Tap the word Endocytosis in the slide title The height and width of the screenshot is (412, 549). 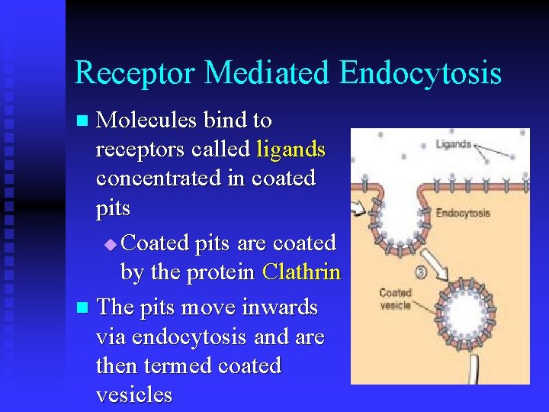click(x=420, y=73)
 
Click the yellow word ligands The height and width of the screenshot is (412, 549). click(x=291, y=149)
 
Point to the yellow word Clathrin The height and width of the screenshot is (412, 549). click(x=301, y=272)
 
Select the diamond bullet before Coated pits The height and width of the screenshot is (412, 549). click(x=111, y=245)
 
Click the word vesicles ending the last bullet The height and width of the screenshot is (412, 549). click(x=134, y=394)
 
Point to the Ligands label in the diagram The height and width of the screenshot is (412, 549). click(x=454, y=144)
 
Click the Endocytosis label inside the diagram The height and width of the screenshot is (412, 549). click(x=464, y=213)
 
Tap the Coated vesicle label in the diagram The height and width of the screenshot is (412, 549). click(x=396, y=298)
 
